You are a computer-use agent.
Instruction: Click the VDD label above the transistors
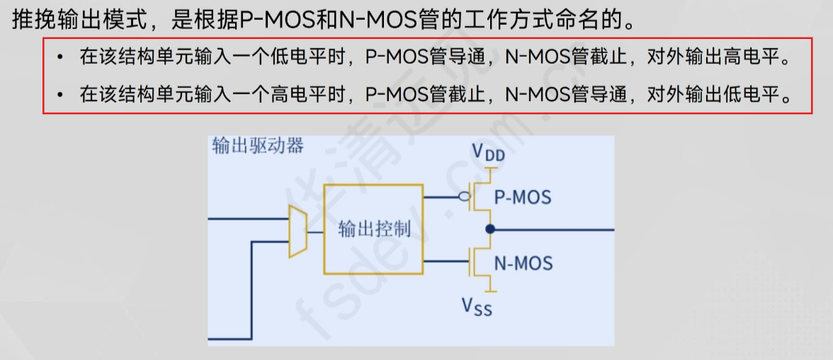click(x=488, y=153)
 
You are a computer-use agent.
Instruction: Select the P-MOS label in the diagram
click(x=522, y=196)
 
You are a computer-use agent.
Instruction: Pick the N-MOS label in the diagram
click(x=523, y=264)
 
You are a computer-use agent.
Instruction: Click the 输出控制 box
click(x=373, y=229)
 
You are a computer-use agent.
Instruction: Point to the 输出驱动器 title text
click(x=258, y=146)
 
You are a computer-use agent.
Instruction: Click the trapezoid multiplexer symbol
click(x=297, y=231)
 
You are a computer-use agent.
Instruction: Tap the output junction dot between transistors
click(x=489, y=229)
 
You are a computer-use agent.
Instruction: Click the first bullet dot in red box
click(x=62, y=57)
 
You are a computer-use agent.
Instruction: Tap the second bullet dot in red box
click(x=62, y=94)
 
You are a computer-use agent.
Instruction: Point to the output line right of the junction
click(x=552, y=230)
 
